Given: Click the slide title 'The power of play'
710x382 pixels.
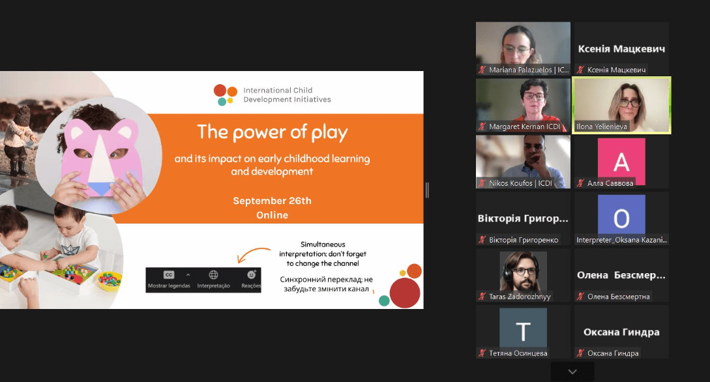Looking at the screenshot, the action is pyautogui.click(x=272, y=132).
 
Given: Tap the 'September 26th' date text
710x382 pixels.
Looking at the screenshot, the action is pyautogui.click(x=272, y=201).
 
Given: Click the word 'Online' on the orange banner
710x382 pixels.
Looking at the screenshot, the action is pyautogui.click(x=272, y=215).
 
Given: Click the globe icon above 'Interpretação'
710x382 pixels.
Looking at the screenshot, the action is pyautogui.click(x=213, y=274).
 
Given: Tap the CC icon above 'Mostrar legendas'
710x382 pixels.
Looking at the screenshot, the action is pyautogui.click(x=169, y=274).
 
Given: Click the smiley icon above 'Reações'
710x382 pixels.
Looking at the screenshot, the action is pyautogui.click(x=251, y=274).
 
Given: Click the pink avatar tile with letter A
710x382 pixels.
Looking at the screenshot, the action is pyautogui.click(x=621, y=161).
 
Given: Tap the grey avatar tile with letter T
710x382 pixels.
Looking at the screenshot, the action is pyautogui.click(x=523, y=328).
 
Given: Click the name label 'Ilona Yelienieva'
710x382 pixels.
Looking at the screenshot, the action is pyautogui.click(x=601, y=126).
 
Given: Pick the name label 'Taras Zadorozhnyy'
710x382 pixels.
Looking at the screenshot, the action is pyautogui.click(x=520, y=297).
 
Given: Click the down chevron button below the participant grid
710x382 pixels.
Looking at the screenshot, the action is pyautogui.click(x=572, y=372).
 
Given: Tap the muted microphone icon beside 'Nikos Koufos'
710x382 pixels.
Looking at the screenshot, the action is pyautogui.click(x=482, y=183).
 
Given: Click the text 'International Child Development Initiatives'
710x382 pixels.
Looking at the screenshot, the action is pyautogui.click(x=287, y=95).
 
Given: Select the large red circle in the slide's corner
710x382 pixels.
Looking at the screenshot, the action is pyautogui.click(x=405, y=293).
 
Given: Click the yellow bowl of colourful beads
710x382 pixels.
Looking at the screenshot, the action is pyautogui.click(x=110, y=280).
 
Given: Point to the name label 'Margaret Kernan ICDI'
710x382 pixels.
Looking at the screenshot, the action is pyautogui.click(x=524, y=126).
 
